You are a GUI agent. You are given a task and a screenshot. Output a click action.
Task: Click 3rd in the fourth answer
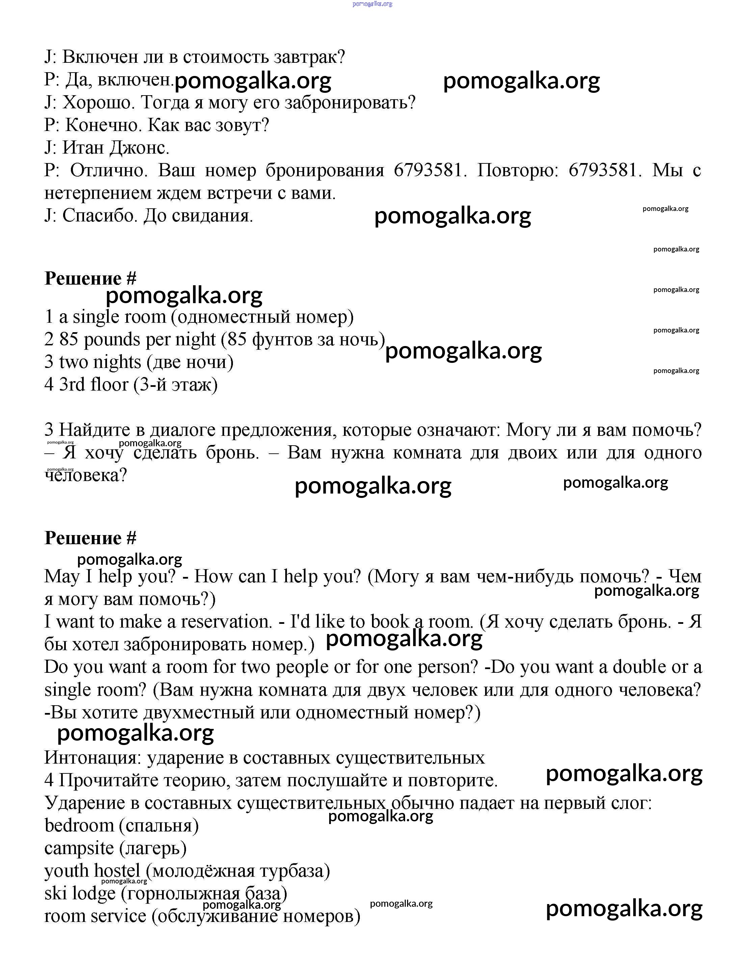pos(72,385)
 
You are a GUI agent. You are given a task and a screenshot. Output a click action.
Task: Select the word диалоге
pos(183,430)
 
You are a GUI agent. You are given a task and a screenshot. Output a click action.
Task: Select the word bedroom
pos(79,826)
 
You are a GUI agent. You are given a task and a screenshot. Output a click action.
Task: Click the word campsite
pos(79,848)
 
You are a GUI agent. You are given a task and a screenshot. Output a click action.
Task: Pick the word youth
pos(67,871)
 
